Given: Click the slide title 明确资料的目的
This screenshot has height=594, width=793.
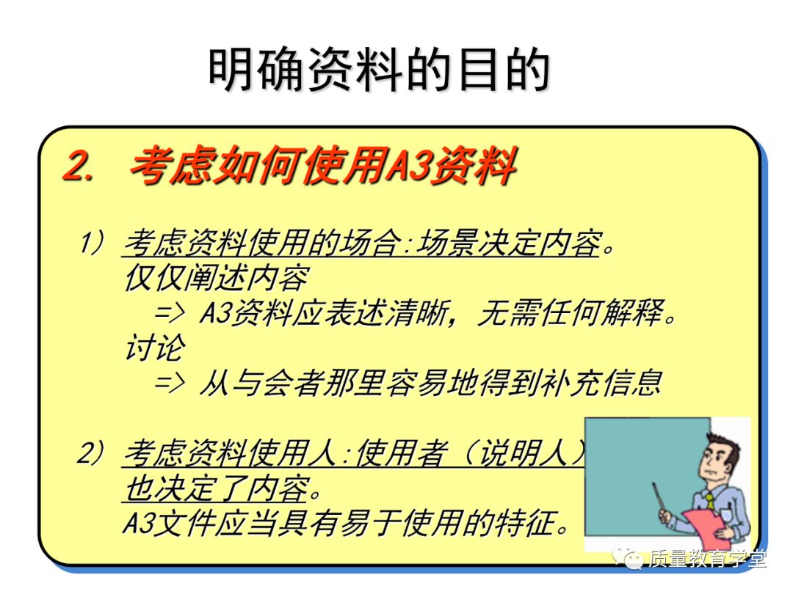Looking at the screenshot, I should (x=379, y=71).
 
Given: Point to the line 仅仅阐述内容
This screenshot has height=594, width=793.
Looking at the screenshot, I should (x=216, y=279).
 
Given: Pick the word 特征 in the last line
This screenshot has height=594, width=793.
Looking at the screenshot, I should (x=535, y=524).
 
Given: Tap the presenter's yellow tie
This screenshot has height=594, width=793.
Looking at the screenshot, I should (x=710, y=501).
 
